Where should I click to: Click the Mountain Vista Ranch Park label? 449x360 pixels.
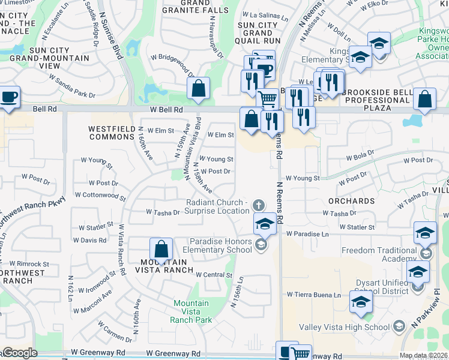(191, 311)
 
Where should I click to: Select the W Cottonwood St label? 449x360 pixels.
(100, 196)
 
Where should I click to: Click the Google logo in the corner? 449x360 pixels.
(19, 353)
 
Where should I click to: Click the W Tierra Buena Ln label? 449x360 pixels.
(313, 295)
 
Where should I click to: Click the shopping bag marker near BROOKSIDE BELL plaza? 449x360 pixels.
(424, 100)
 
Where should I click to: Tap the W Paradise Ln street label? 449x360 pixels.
(308, 233)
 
